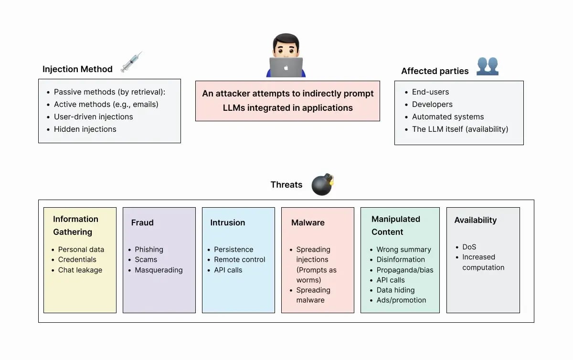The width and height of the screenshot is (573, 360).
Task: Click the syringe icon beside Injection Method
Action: tap(131, 62)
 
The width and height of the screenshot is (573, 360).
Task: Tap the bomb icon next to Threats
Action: tap(322, 185)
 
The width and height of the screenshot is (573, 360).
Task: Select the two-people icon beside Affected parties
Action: tap(487, 66)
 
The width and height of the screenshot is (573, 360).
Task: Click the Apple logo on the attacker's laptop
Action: tap(286, 68)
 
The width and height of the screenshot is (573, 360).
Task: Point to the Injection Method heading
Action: tap(77, 69)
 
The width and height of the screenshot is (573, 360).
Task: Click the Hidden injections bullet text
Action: tap(85, 129)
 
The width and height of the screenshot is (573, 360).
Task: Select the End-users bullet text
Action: tap(430, 92)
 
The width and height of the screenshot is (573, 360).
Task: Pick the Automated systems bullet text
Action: tap(448, 117)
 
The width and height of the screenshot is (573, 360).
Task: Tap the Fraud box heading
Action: tap(142, 222)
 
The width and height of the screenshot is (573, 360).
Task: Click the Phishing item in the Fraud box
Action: tap(149, 250)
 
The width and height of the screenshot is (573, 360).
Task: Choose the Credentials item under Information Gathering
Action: tap(77, 260)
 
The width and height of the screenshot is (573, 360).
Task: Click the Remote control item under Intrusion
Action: tap(239, 260)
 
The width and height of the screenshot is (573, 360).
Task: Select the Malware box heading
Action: tap(308, 222)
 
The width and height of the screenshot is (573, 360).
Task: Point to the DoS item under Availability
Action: tap(469, 247)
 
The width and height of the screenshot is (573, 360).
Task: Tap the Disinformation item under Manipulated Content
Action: tap(400, 260)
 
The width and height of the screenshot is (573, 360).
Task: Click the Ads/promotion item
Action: tap(401, 300)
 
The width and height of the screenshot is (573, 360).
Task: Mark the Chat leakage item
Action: tap(80, 270)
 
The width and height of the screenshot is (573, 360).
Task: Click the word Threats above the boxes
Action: tap(286, 185)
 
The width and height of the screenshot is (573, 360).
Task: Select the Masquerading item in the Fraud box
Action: tap(159, 270)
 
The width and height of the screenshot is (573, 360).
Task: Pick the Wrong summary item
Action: tap(403, 250)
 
